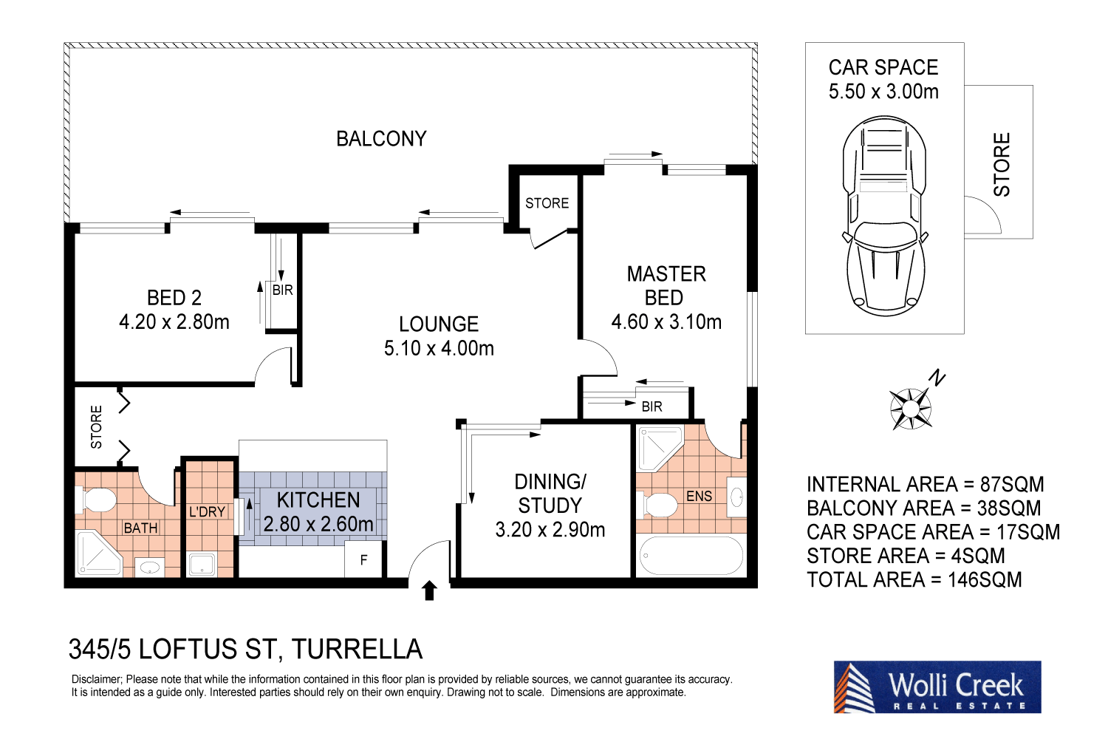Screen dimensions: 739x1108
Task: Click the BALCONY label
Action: point(381,139)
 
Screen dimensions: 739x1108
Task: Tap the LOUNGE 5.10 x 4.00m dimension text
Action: point(439,348)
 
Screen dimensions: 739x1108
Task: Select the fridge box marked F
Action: point(363,560)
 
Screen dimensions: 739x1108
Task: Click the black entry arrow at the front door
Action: point(429,590)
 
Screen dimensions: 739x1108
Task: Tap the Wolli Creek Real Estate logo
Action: point(937,687)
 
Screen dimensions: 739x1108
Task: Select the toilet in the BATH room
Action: point(96,500)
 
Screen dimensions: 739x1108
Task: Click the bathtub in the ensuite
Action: point(691,556)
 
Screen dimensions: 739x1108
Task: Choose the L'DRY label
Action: point(207,511)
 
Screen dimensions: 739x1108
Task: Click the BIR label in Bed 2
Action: point(283,290)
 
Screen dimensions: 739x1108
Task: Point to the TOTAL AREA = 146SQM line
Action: point(914,579)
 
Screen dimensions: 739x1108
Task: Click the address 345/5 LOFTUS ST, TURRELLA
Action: point(245,650)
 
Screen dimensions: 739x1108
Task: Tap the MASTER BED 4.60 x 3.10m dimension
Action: point(666,322)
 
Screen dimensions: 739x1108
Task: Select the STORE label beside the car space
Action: point(1002,164)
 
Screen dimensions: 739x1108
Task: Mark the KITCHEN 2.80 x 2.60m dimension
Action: point(318,524)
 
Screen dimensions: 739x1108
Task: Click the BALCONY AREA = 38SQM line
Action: point(923,508)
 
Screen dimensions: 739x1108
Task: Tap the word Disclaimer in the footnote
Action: point(96,679)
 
